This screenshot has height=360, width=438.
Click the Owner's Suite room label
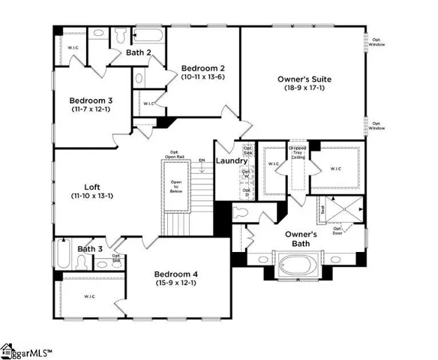coord(304,79)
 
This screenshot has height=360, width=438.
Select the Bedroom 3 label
coord(91,100)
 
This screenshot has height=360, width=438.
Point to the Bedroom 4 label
coord(176,274)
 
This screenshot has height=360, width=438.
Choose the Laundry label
coord(232,161)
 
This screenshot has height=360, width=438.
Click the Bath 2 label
coord(139,53)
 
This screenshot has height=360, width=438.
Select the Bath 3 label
coord(90,249)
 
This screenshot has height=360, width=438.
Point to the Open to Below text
coord(176,186)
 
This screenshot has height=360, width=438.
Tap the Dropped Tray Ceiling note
coord(298,152)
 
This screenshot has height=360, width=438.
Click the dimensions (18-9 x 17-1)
coord(304,88)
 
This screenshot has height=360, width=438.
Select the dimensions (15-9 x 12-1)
coord(176,283)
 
